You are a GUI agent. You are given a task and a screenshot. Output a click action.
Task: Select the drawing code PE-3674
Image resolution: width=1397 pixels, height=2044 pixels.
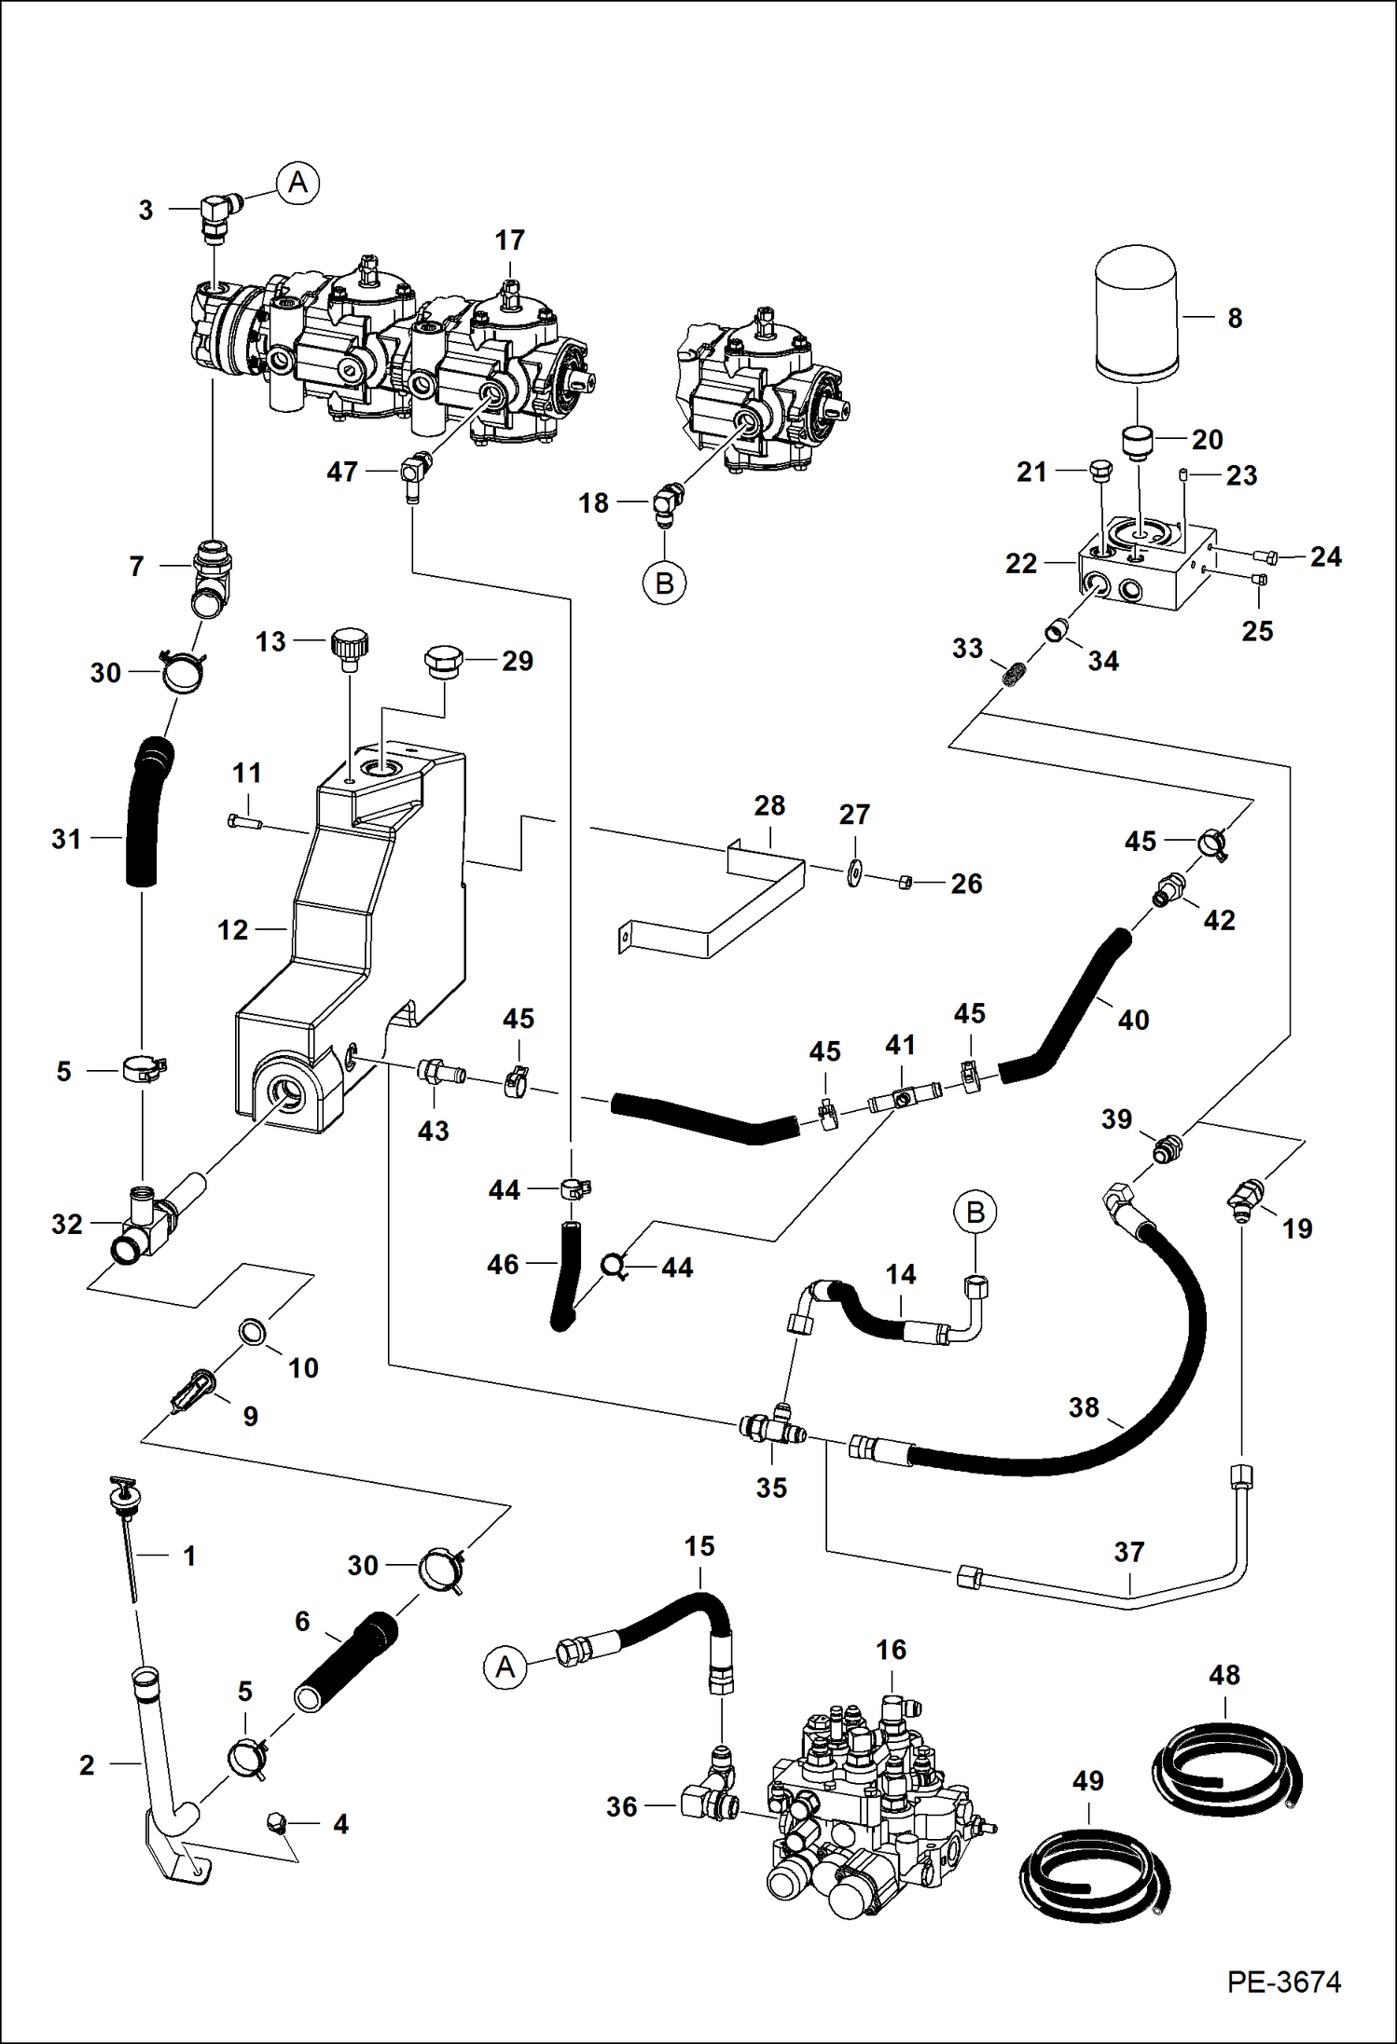[x=1283, y=1982]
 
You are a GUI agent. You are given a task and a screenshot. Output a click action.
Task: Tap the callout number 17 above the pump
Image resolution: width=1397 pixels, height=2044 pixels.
[x=509, y=240]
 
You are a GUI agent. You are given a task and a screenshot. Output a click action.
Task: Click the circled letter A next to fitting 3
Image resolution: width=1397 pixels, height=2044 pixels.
[x=297, y=182]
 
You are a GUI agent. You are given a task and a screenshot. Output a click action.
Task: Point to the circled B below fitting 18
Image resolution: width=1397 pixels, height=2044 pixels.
[x=664, y=583]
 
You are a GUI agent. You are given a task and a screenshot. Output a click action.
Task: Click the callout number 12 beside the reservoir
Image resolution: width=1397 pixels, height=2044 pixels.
[x=232, y=929]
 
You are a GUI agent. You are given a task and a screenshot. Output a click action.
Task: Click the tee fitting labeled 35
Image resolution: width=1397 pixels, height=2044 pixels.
[x=772, y=1427]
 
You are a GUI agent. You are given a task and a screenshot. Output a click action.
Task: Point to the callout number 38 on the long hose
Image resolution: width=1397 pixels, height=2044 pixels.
[x=1083, y=1407]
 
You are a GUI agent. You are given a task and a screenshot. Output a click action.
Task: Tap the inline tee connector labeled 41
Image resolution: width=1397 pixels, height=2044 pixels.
[x=901, y=1100]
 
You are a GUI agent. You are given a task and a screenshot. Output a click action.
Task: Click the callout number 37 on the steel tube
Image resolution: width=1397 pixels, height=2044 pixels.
[x=1128, y=1552]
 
